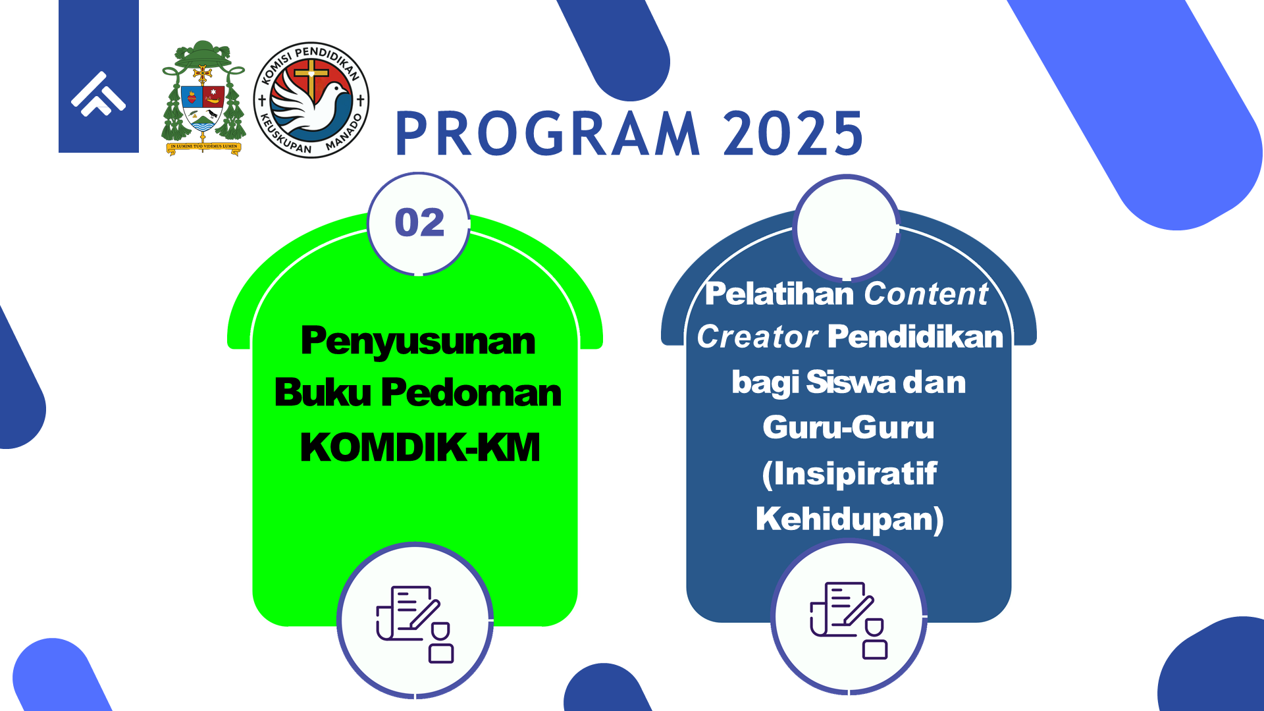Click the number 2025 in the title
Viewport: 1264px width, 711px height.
point(793,134)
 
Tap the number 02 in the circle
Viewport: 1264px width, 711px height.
point(419,223)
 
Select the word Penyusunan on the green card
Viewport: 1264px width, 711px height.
point(418,341)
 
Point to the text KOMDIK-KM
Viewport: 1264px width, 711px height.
point(420,448)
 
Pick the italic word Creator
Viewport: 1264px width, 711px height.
point(757,337)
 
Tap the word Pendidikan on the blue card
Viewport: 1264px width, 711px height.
point(916,336)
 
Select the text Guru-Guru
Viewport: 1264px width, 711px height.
point(849,427)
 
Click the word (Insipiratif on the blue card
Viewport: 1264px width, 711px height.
point(849,474)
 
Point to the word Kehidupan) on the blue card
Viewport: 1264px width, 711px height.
point(850,519)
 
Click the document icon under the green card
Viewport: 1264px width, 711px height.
point(415,623)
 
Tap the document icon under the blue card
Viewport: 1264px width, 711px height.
point(849,620)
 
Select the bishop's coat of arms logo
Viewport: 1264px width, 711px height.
point(203,98)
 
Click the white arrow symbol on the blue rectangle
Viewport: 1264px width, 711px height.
point(99,93)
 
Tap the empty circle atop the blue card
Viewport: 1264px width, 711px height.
point(847,228)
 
